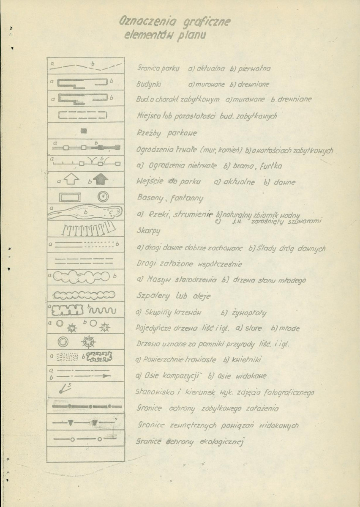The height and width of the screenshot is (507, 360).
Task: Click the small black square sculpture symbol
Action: click(x=84, y=131)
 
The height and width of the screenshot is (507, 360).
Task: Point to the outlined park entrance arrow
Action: click(x=72, y=180)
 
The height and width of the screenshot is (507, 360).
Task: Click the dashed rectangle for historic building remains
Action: click(x=83, y=114)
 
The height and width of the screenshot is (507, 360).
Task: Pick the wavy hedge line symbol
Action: click(x=101, y=311)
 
